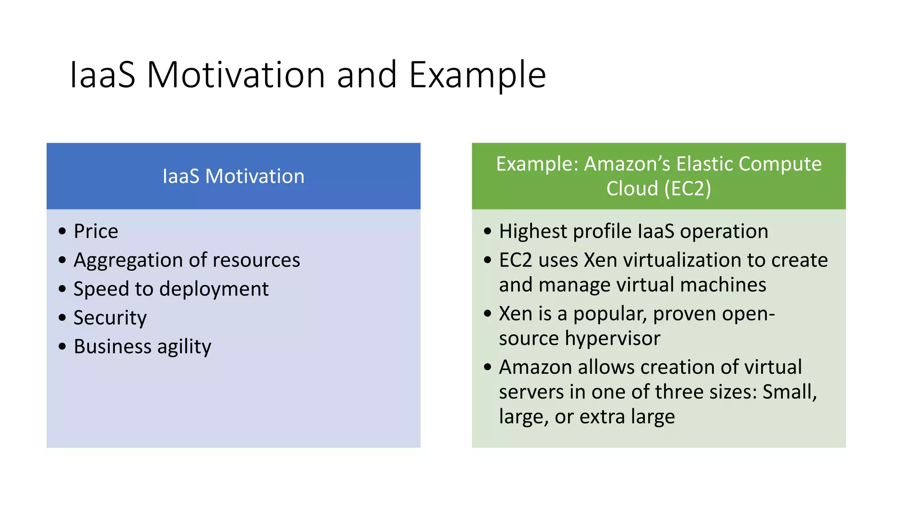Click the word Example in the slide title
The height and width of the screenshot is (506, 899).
(477, 75)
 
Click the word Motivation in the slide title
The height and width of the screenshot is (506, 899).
(235, 75)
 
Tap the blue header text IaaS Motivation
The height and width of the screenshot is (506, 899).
(233, 176)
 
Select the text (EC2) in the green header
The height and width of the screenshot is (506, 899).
(687, 188)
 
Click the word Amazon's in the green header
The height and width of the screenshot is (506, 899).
(627, 164)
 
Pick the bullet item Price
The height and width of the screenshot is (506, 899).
(96, 231)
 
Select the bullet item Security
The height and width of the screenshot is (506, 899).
(110, 318)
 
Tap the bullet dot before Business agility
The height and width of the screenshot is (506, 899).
(62, 346)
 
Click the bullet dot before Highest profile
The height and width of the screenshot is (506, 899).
(487, 231)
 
